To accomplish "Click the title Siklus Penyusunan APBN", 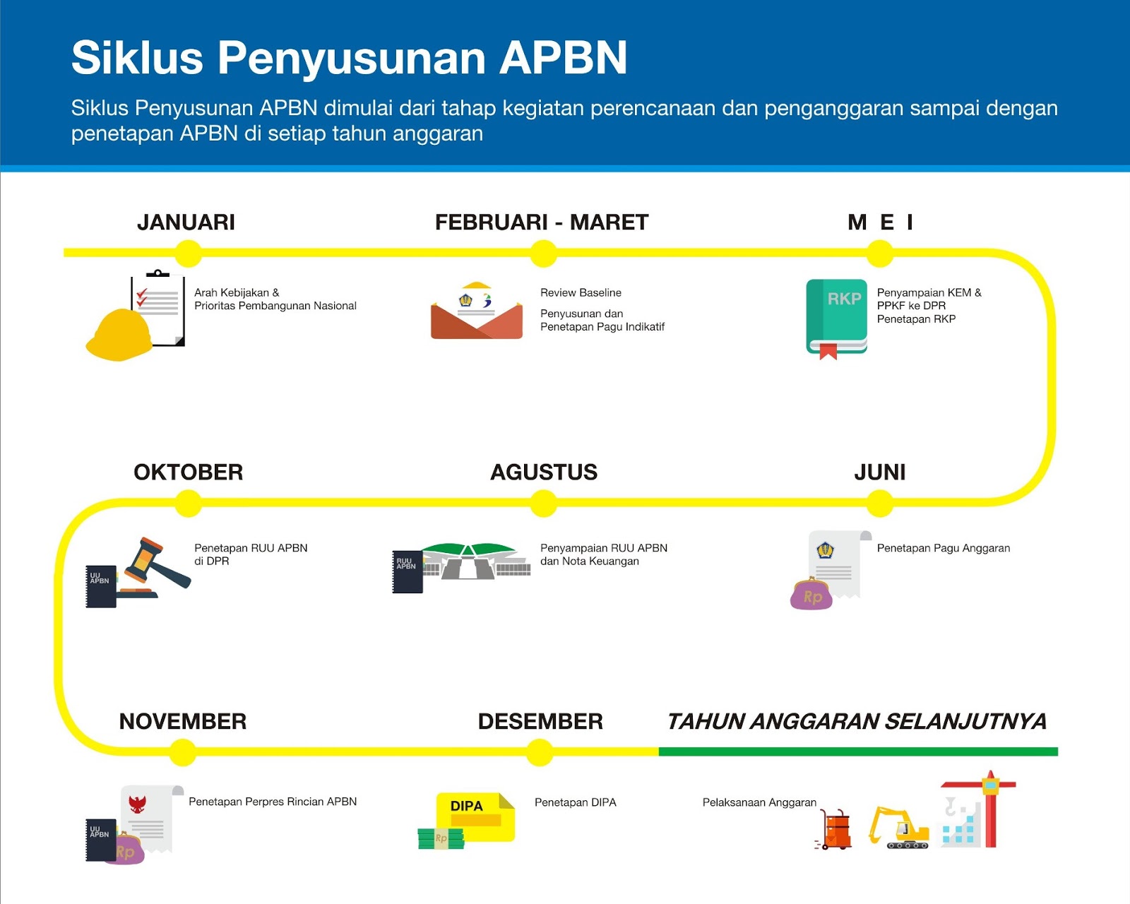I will coord(349,57).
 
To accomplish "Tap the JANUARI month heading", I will coord(186,222).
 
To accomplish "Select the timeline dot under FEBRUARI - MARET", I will coord(543,253).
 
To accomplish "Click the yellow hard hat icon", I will coord(119,335).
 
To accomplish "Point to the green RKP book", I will coord(837,316).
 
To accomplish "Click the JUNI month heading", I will coord(880,472).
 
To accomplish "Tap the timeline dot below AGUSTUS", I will coord(543,503).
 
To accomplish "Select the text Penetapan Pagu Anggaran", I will coord(943,548).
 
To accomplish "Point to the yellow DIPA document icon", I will coord(475,816).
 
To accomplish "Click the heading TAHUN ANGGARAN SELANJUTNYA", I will coord(857,721).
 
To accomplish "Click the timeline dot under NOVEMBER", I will coord(183,752).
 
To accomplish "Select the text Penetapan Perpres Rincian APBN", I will coord(273,802).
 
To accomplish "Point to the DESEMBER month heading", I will coord(540,721).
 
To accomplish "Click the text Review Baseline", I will coord(581,292).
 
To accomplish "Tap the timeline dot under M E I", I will coord(880,253).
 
